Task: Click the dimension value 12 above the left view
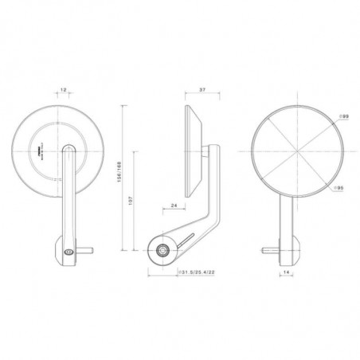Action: pos(63,92)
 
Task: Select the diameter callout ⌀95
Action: pos(339,188)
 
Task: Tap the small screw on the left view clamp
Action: pos(68,252)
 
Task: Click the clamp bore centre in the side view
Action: pos(164,251)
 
